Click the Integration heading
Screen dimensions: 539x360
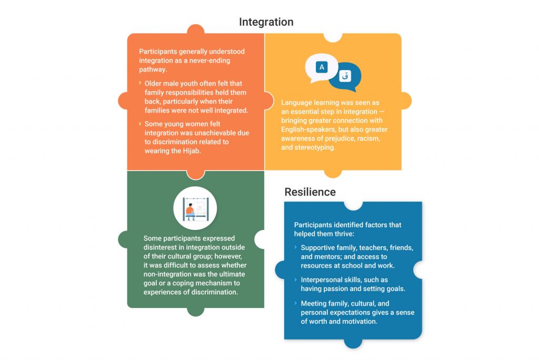click(266, 22)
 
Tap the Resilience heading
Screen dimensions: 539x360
click(310, 192)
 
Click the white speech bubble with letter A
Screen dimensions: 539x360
click(321, 68)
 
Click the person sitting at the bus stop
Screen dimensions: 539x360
click(190, 212)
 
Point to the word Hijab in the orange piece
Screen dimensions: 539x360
click(191, 151)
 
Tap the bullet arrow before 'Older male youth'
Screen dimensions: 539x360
click(140, 83)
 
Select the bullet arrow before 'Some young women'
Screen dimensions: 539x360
click(140, 124)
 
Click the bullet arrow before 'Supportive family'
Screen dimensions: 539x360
click(296, 247)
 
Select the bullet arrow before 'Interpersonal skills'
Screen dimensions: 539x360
click(296, 279)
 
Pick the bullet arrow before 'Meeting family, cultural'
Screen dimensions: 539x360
click(296, 303)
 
